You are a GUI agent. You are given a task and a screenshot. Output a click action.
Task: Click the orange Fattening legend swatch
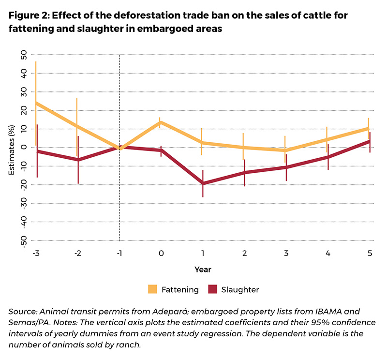coord(153,289)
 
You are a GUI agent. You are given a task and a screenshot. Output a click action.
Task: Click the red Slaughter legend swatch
coord(212,289)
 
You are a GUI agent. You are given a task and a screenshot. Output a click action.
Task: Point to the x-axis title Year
coord(202,269)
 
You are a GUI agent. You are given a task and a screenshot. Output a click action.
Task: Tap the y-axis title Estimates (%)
coord(12,148)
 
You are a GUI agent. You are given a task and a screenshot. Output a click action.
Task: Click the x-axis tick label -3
coord(35,253)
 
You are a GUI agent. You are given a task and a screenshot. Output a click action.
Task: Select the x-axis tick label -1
coord(119,253)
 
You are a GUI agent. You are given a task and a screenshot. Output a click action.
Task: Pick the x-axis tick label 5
coord(370,253)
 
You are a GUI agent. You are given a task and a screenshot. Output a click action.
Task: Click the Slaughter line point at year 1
coord(203,183)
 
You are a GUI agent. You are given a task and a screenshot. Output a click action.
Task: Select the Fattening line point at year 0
coord(161,122)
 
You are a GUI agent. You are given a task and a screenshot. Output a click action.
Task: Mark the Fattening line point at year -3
coord(36,103)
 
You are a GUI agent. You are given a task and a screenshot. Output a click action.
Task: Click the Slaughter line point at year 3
coord(286,167)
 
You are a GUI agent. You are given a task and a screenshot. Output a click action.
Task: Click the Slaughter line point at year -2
coord(77,160)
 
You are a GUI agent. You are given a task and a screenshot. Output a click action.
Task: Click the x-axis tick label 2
coord(245,253)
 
